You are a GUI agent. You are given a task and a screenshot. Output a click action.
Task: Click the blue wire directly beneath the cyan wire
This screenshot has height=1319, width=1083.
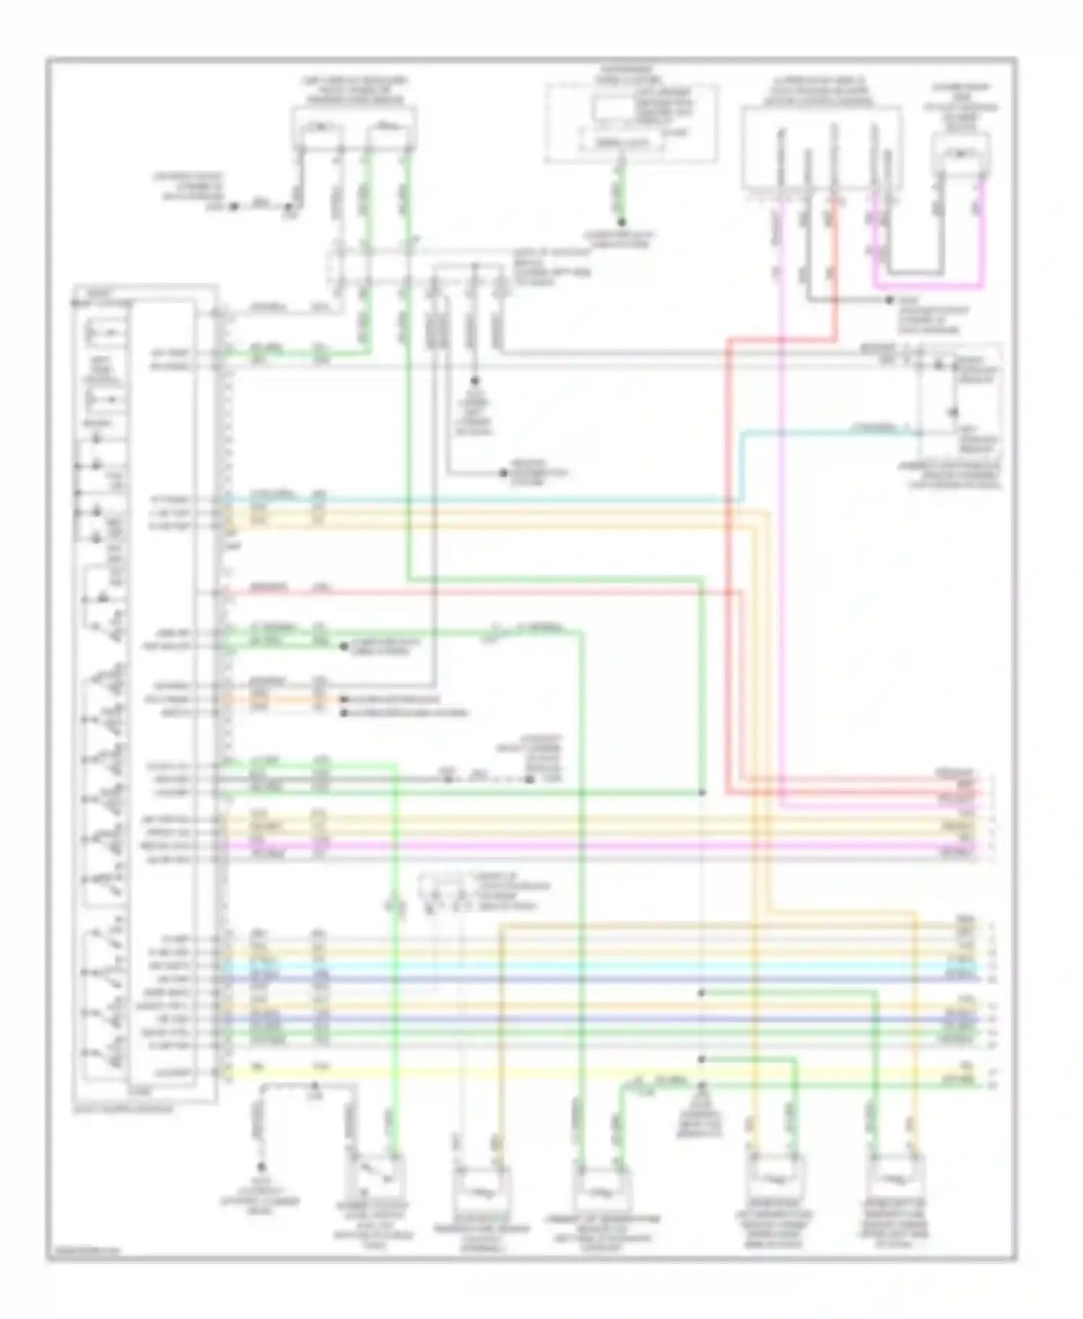coord(578,980)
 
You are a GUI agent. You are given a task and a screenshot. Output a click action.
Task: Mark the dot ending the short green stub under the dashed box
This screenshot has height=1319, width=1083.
coord(622,222)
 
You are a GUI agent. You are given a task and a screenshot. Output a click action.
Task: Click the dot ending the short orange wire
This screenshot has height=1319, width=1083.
coord(345,699)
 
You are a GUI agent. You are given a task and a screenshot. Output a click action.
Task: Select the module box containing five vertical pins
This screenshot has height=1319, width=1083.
coord(821,149)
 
